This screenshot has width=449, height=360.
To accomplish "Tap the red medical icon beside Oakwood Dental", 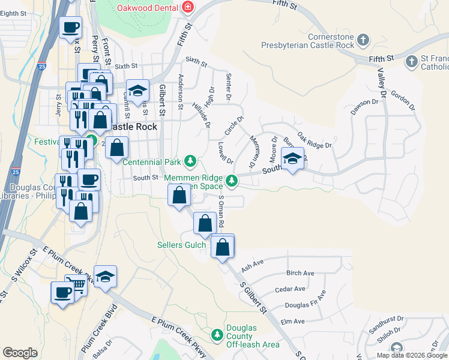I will pyautogui.click(x=188, y=7).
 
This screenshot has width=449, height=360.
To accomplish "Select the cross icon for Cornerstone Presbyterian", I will pyautogui.click(x=363, y=41).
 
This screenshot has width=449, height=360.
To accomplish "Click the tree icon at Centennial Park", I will pyautogui.click(x=190, y=161).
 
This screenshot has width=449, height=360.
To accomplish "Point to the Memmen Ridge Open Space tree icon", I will pyautogui.click(x=231, y=180).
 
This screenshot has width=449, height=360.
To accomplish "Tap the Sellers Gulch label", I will pyautogui.click(x=181, y=245).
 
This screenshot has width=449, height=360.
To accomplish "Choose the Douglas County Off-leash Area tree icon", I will pyautogui.click(x=218, y=334).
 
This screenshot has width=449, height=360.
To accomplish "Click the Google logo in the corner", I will pyautogui.click(x=20, y=353).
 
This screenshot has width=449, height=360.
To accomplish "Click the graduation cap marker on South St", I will pyautogui.click(x=292, y=159).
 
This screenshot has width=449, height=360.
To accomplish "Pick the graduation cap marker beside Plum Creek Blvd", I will pyautogui.click(x=105, y=277).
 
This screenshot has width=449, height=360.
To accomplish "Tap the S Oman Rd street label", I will pyautogui.click(x=221, y=211).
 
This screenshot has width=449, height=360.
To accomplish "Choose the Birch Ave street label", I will pyautogui.click(x=300, y=273).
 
